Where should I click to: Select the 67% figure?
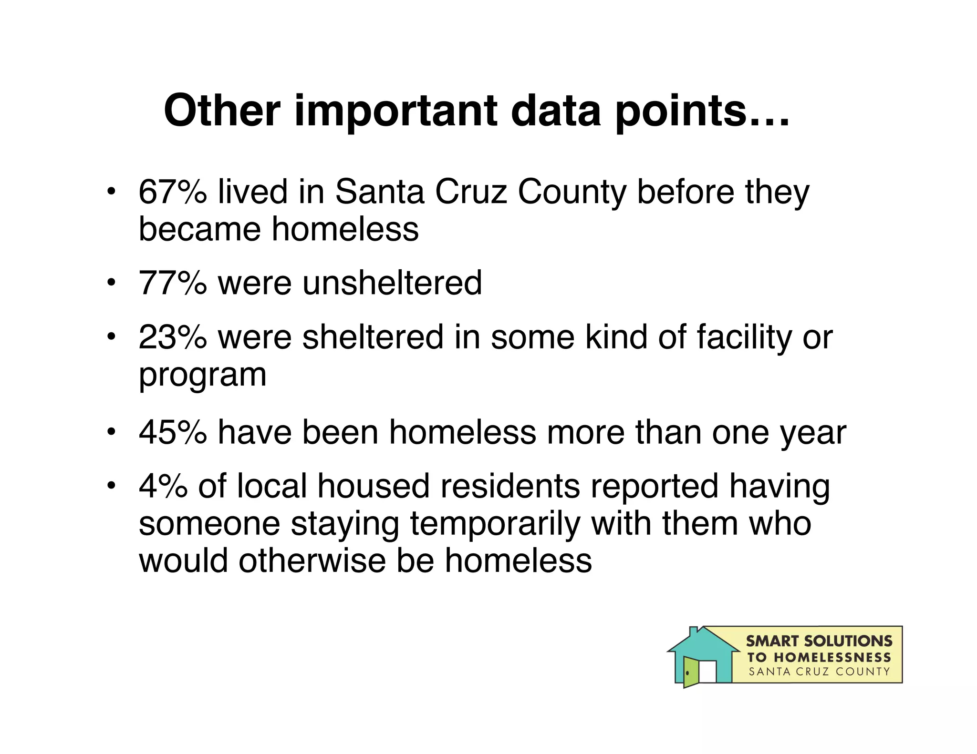pos(173,192)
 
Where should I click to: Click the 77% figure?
pos(173,283)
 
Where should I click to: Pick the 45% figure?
pos(173,433)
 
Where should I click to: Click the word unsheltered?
pos(392,283)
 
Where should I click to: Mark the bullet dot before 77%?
pos(111,283)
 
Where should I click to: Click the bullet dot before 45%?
pos(111,432)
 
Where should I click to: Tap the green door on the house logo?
pos(690,672)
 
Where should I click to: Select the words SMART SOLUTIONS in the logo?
pos(819,641)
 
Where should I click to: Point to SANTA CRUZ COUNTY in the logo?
pos(819,672)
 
